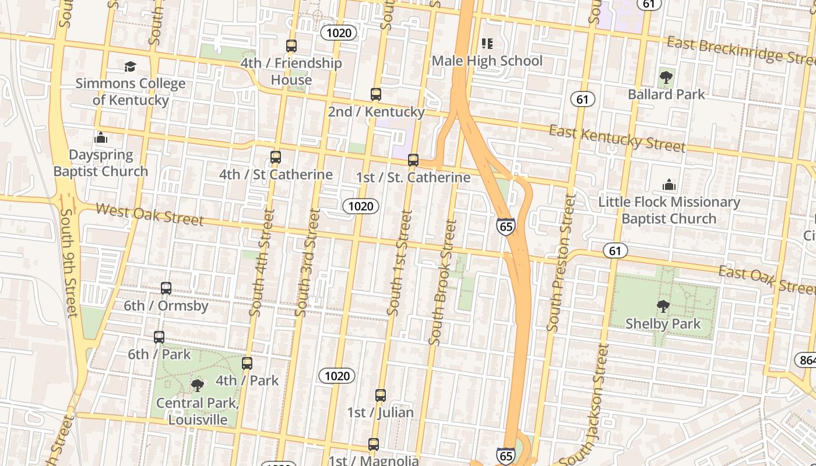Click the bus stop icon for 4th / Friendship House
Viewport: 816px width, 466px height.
pyautogui.click(x=291, y=45)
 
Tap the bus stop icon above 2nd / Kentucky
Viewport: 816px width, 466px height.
pyautogui.click(x=376, y=94)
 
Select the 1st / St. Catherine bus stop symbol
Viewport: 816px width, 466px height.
pyautogui.click(x=413, y=160)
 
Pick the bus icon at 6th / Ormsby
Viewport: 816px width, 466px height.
pyautogui.click(x=166, y=288)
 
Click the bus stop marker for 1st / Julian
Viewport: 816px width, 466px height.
pyautogui.click(x=381, y=395)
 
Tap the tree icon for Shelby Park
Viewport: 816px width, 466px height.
pyautogui.click(x=663, y=306)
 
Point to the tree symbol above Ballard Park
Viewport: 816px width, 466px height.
pyautogui.click(x=666, y=77)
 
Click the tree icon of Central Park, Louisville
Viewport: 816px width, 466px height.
pyautogui.click(x=198, y=385)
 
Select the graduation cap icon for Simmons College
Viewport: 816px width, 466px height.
pyautogui.click(x=130, y=66)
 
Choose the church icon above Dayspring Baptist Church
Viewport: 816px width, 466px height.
pyautogui.click(x=101, y=138)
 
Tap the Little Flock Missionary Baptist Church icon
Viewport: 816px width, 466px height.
pyautogui.click(x=669, y=185)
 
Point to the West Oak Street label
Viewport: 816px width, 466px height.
pyautogui.click(x=150, y=214)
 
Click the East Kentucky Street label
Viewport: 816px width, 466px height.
pyautogui.click(x=617, y=139)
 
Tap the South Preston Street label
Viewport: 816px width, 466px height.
pyautogui.click(x=561, y=263)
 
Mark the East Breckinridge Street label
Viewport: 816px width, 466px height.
pyautogui.click(x=740, y=50)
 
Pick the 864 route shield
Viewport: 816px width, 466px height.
pyautogui.click(x=807, y=361)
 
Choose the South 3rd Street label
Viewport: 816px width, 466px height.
pyautogui.click(x=307, y=263)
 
